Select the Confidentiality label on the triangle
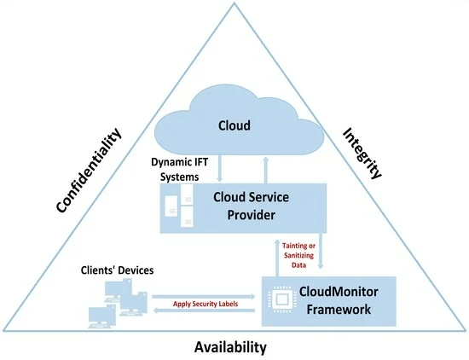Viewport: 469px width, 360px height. (90, 171)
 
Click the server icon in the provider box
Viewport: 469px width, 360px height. (177, 207)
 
